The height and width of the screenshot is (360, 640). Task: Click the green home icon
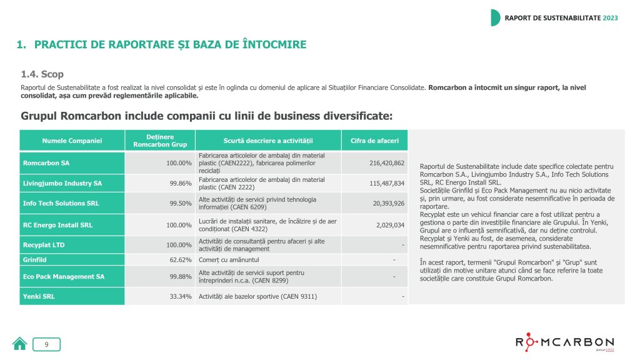(20, 343)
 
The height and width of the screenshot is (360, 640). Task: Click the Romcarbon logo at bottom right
(564, 343)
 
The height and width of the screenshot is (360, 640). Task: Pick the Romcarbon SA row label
(46, 162)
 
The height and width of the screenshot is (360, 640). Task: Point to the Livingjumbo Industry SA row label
(62, 183)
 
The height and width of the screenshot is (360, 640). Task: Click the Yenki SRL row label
(39, 296)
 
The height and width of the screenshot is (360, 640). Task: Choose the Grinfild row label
(36, 259)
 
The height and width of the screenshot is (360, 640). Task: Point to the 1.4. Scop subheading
(42, 74)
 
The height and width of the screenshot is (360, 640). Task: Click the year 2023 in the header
(610, 17)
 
